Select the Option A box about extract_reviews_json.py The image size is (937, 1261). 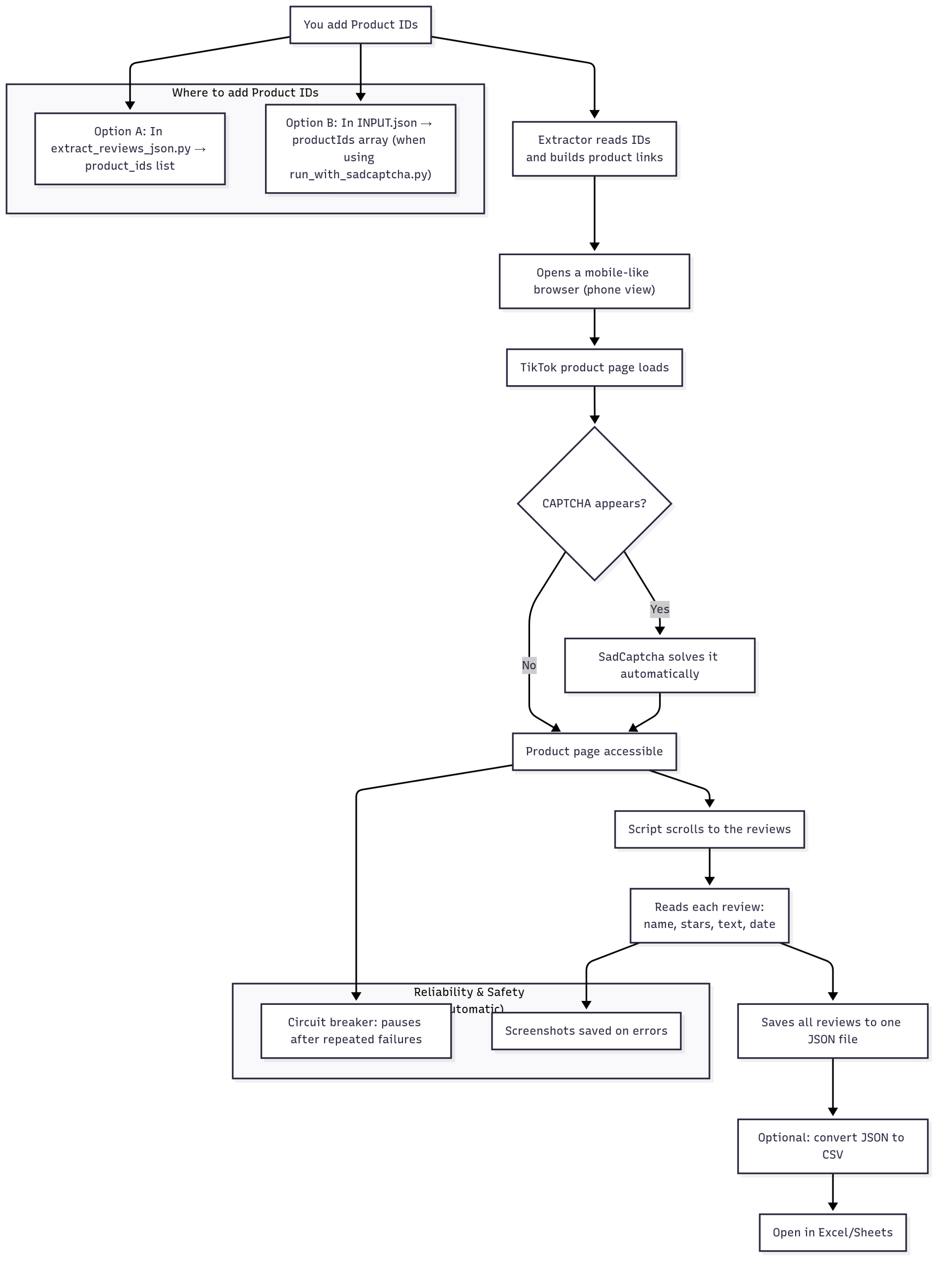point(130,149)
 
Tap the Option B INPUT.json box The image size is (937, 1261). point(360,149)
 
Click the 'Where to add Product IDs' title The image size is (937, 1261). point(245,93)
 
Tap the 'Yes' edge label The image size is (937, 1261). point(659,609)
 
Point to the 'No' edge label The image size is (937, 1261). point(529,665)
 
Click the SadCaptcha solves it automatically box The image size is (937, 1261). point(659,665)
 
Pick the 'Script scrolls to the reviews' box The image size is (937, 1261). point(709,829)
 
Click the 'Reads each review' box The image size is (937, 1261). point(709,915)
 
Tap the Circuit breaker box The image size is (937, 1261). point(356,1031)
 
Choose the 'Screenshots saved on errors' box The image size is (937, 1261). point(586,1031)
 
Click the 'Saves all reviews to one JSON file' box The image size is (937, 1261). point(832,1031)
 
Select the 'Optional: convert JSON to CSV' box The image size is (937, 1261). point(832,1146)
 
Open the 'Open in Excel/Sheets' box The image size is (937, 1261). point(832,1232)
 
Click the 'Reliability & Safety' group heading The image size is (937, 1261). point(468,992)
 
